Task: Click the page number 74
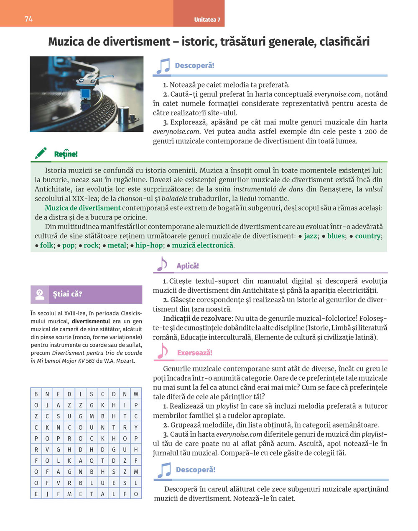29,19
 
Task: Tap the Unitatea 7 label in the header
207,20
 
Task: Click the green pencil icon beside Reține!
41,153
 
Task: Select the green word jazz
310,236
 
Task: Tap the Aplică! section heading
188,266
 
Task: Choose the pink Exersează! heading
195,353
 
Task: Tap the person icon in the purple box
40,294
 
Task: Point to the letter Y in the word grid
136,428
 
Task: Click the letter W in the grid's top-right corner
136,394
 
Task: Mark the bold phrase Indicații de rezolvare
197,318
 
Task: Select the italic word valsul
374,189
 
